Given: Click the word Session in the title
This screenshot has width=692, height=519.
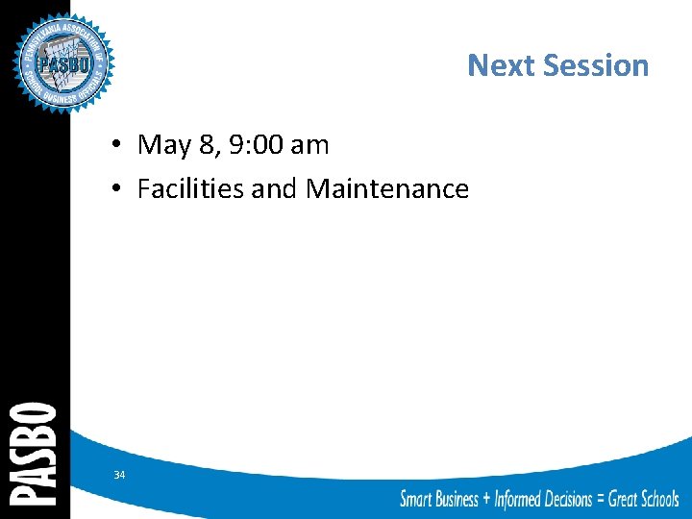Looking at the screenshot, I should pyautogui.click(x=596, y=65).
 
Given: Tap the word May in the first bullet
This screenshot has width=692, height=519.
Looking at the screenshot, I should pyautogui.click(x=163, y=145).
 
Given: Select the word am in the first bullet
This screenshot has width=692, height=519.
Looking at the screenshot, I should pyautogui.click(x=309, y=145).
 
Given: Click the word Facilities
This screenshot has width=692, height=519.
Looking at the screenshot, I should pyautogui.click(x=190, y=188).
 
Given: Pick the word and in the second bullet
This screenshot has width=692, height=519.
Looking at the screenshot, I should pyautogui.click(x=275, y=188).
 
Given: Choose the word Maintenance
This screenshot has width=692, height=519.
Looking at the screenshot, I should pyautogui.click(x=387, y=188).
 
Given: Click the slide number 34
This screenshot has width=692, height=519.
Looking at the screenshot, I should pyautogui.click(x=119, y=475).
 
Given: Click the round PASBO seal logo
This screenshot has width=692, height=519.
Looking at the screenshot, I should pyautogui.click(x=63, y=62).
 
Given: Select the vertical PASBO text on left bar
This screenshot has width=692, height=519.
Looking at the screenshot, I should pyautogui.click(x=34, y=453).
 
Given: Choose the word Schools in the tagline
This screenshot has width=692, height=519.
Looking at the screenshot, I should pyautogui.click(x=656, y=498).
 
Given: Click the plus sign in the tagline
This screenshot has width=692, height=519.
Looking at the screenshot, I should pyautogui.click(x=485, y=498).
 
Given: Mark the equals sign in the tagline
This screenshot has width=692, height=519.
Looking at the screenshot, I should pyautogui.click(x=601, y=498).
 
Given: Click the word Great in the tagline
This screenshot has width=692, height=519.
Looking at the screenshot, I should pyautogui.click(x=621, y=498).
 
